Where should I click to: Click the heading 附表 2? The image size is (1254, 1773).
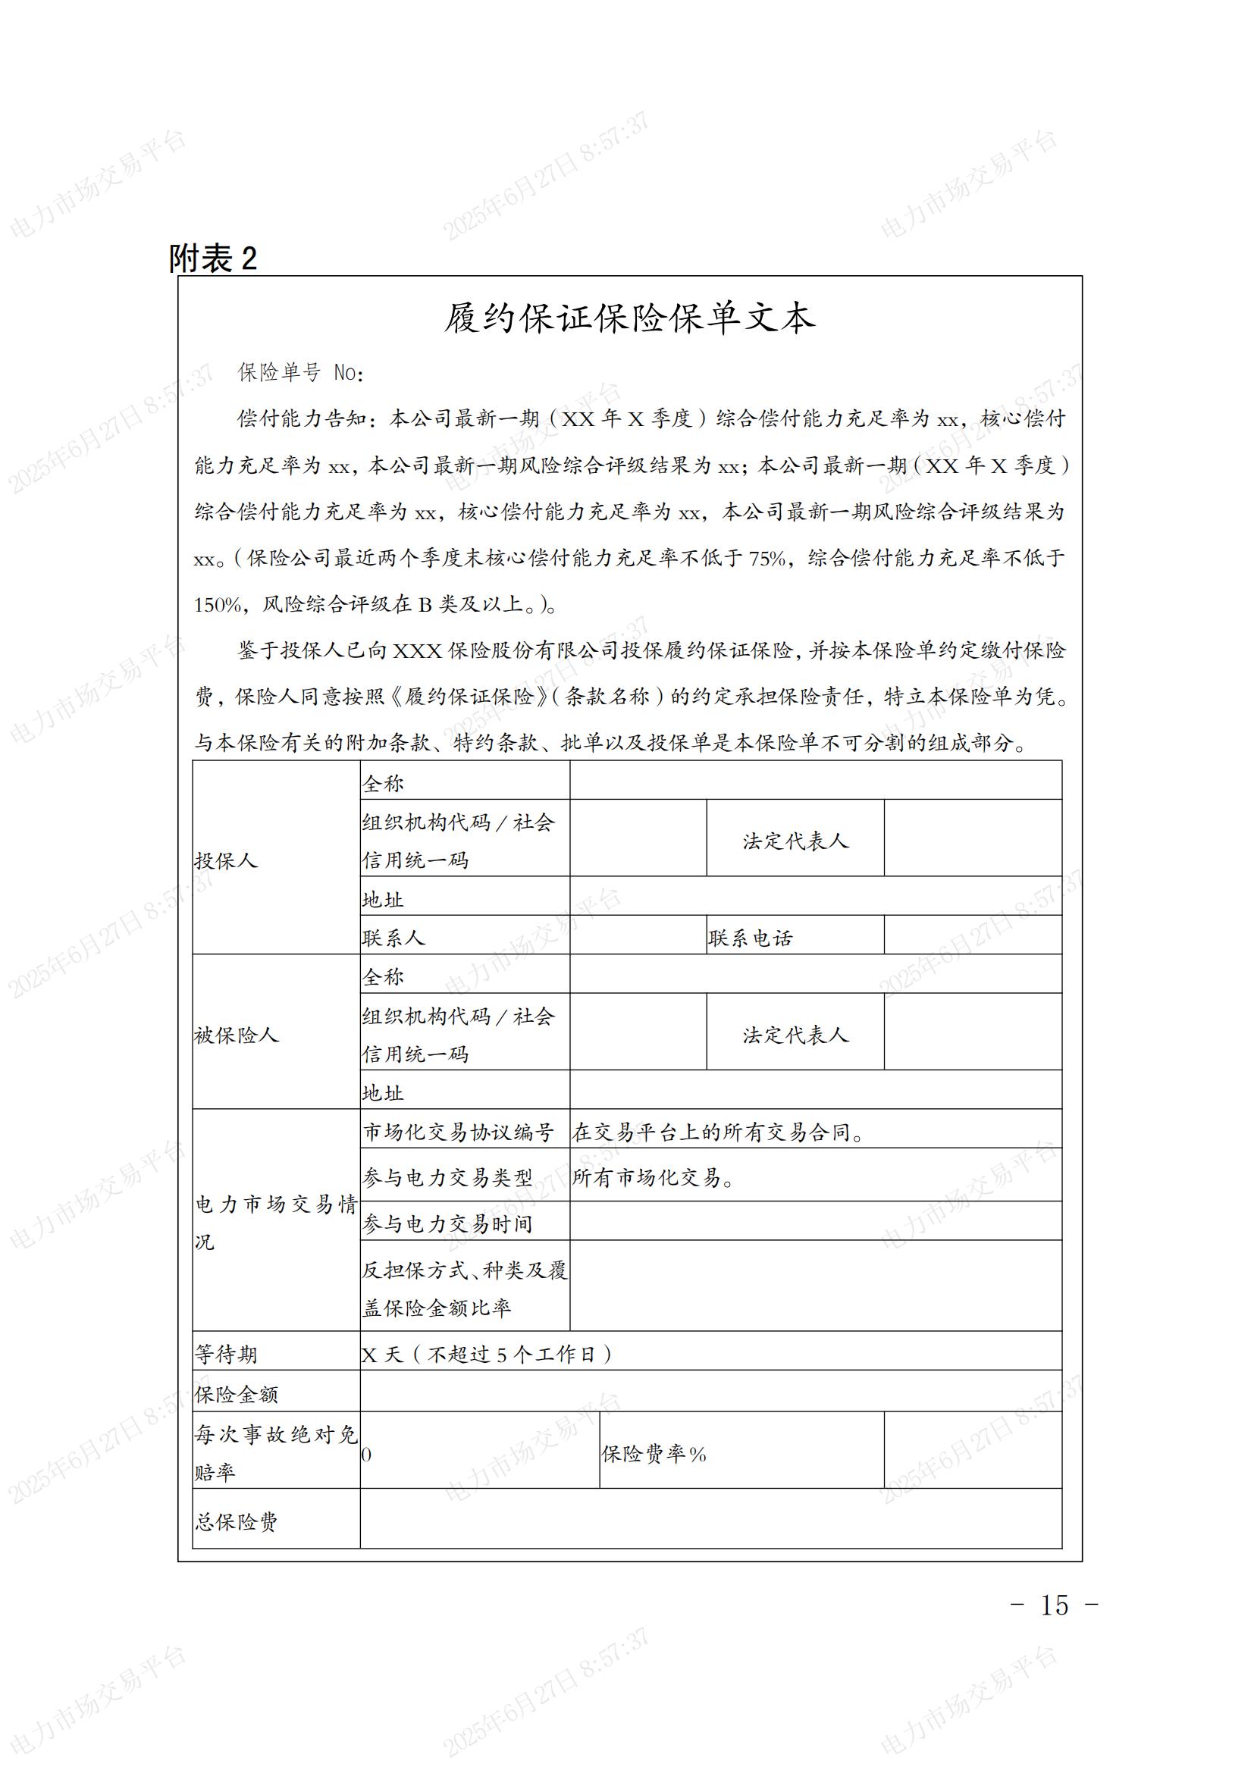click(x=213, y=258)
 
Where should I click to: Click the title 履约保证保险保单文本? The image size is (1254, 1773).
click(x=629, y=318)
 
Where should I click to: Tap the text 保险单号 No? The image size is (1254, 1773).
click(x=301, y=372)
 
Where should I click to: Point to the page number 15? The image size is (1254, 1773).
click(x=1054, y=1605)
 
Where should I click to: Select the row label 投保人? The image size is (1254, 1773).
click(x=226, y=860)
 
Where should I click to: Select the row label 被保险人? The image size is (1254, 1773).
click(x=237, y=1035)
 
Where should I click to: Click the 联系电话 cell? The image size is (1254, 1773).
click(x=751, y=938)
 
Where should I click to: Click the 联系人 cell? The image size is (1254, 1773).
click(x=393, y=938)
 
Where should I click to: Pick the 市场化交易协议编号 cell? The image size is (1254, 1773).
click(x=459, y=1132)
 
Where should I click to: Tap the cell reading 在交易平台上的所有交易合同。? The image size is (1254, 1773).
click(x=718, y=1132)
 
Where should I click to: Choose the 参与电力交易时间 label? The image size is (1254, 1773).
click(x=448, y=1223)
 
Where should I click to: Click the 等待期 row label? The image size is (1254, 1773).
click(x=226, y=1354)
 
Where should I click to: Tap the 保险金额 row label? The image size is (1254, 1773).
click(x=237, y=1394)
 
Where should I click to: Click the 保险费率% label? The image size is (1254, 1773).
click(x=654, y=1454)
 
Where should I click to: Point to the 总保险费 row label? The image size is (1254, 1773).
click(x=237, y=1521)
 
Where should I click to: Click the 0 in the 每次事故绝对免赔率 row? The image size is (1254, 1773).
click(x=367, y=1455)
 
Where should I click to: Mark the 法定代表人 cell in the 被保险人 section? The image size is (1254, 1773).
click(x=795, y=1035)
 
